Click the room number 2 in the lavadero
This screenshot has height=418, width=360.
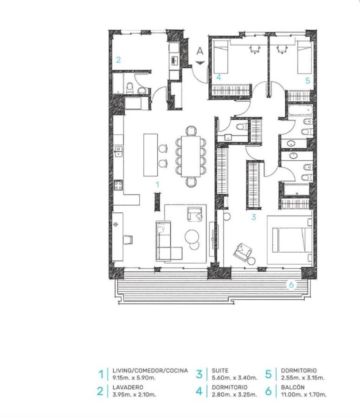tap(118, 60)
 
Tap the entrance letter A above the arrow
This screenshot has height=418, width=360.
tap(200, 51)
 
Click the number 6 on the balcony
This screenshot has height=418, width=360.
tap(291, 285)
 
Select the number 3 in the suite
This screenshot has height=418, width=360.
tap(254, 217)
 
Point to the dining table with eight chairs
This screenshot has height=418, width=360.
tap(191, 157)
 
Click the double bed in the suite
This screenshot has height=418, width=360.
tap(292, 240)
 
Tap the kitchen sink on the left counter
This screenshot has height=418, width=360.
tap(118, 151)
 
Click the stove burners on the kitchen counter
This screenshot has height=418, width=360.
tap(118, 185)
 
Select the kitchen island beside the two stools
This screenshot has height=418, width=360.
tap(150, 155)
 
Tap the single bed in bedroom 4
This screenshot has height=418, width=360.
tap(221, 57)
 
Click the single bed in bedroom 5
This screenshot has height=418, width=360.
tap(304, 57)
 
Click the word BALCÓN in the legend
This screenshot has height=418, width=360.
tap(293, 387)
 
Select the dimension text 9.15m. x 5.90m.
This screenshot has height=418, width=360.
tap(134, 378)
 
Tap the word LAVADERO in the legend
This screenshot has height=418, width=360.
tap(128, 387)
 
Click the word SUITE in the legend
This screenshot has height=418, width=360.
tap(220, 371)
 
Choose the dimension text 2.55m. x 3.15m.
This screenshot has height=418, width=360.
tap(303, 378)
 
